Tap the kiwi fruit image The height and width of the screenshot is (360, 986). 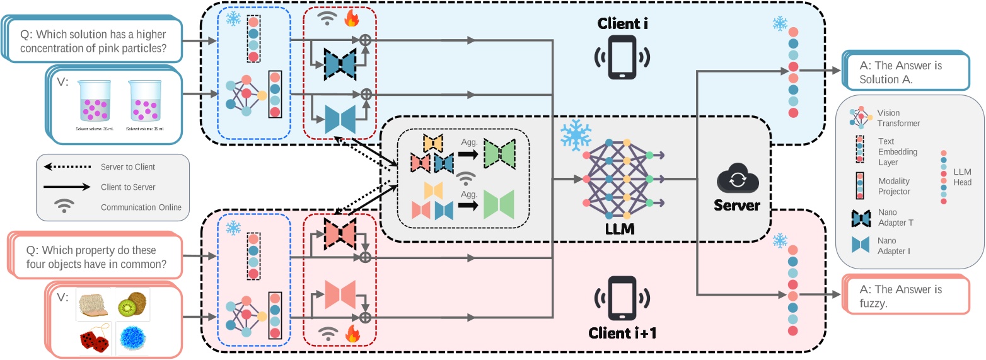(x=130, y=304)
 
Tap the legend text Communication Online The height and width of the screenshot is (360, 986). (x=141, y=207)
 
